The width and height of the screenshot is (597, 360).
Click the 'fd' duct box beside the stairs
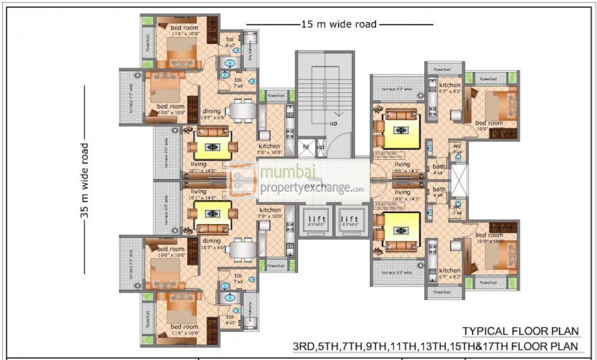coord(306,147)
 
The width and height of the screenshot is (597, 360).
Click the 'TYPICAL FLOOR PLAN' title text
coord(521,331)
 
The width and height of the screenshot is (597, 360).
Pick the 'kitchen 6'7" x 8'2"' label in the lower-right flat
coord(450,273)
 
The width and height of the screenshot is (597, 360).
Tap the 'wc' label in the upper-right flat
coord(457,146)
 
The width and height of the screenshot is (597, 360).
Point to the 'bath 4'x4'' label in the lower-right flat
coord(438,192)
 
